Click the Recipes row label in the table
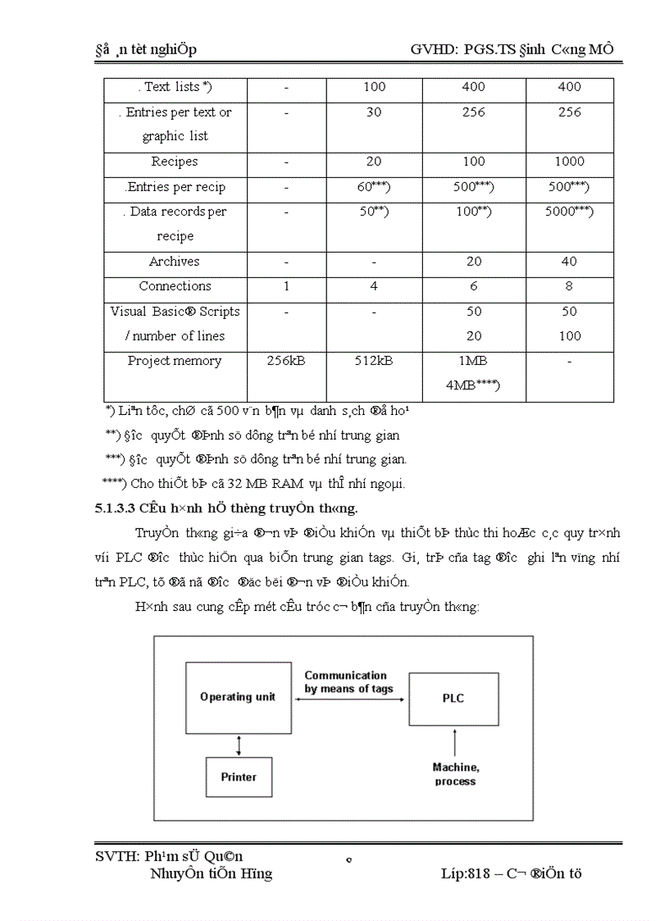click(x=174, y=162)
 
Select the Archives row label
click(x=174, y=262)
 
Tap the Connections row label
click(x=175, y=286)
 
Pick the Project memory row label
click(x=174, y=361)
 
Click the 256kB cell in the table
click(x=286, y=361)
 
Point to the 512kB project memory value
click(x=373, y=361)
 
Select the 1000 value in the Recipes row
click(x=569, y=162)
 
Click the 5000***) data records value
click(x=569, y=212)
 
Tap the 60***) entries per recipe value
click(x=373, y=187)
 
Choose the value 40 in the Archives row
click(x=569, y=262)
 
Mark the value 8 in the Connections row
click(x=569, y=286)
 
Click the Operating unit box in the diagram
click(x=238, y=697)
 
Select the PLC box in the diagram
click(x=453, y=698)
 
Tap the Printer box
click(x=239, y=777)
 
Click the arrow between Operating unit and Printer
click(x=239, y=745)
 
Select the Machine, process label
click(x=456, y=774)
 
